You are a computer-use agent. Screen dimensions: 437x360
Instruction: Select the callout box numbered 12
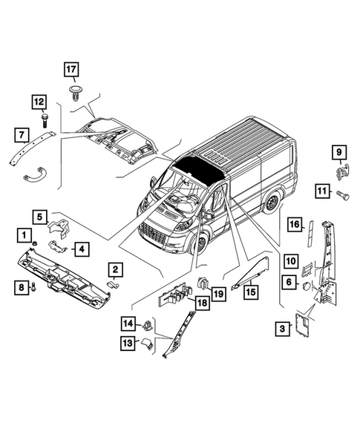pyautogui.click(x=39, y=102)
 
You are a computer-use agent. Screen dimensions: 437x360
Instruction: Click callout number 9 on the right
pyautogui.click(x=338, y=154)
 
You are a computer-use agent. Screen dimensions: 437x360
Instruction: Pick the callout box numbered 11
pyautogui.click(x=321, y=191)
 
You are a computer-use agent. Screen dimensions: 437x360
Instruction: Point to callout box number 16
pyautogui.click(x=293, y=225)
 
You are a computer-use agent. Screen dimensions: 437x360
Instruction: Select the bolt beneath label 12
pyautogui.click(x=45, y=119)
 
